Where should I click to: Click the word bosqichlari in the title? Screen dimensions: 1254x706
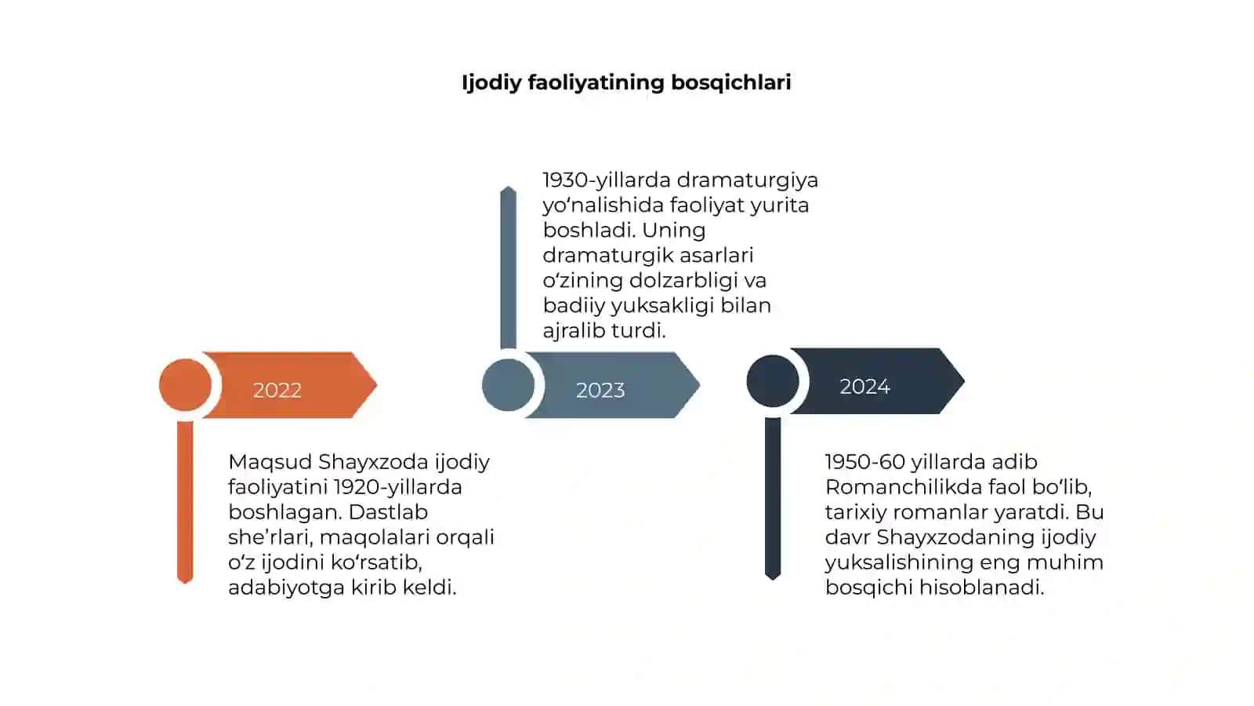tap(730, 82)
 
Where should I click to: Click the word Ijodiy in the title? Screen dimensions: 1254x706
tap(491, 83)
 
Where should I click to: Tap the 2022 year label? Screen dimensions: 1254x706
tap(277, 390)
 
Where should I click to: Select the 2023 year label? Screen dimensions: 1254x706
tap(600, 390)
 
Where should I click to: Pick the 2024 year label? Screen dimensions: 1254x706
tap(864, 386)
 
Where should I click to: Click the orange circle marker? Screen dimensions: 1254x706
tap(185, 385)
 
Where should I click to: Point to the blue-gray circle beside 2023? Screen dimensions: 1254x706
tap(509, 385)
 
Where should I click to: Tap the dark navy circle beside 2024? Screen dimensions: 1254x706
tap(773, 381)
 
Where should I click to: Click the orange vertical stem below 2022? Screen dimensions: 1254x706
tap(185, 502)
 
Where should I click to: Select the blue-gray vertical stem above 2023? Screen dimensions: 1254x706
tap(509, 267)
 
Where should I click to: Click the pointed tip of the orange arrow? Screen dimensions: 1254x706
tap(377, 385)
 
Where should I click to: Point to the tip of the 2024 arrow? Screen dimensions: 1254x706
tap(964, 381)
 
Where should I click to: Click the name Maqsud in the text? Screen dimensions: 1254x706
tap(270, 462)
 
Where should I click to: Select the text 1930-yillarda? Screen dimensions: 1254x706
tap(607, 180)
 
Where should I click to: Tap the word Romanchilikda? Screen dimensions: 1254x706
tap(904, 487)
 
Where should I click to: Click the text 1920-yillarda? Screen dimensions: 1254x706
tap(398, 487)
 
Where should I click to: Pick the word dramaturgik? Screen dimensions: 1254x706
tap(600, 256)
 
